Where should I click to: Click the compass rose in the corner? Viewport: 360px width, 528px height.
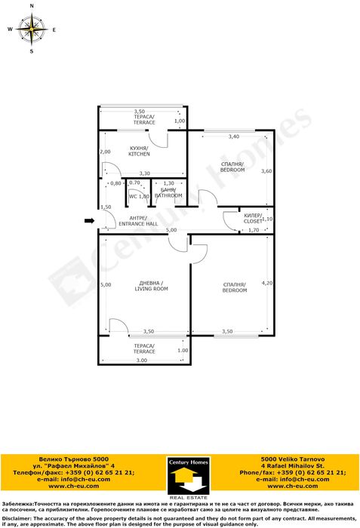coord(32,29)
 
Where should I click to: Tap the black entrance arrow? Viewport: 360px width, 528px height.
coord(89,221)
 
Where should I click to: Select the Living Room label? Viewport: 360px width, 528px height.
coord(150,286)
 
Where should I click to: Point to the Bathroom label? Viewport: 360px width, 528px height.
coord(168,192)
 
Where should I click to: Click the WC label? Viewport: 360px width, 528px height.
coord(133,196)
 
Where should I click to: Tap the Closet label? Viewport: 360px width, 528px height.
coord(254,219)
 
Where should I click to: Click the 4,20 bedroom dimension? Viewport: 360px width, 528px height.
coord(266,283)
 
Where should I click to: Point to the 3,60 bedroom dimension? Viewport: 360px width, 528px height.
coord(266,171)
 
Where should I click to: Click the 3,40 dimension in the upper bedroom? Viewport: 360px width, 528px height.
coord(233,137)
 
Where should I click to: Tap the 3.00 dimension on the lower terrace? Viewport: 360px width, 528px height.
coord(142,361)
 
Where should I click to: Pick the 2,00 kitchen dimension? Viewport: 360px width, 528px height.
coord(105,152)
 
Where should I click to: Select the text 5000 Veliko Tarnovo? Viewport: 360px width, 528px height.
coord(293,459)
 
